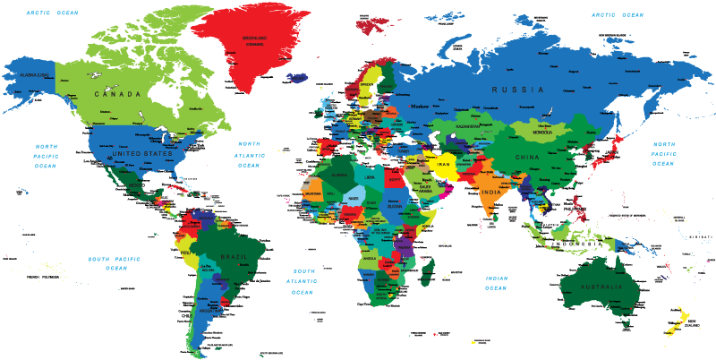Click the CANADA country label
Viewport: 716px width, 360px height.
[x=124, y=94]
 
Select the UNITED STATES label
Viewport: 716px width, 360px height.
[x=142, y=153]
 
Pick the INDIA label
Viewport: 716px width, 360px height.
[x=491, y=193]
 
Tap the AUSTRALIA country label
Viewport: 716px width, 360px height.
[x=601, y=287]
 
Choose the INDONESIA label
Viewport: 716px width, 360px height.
[x=575, y=243]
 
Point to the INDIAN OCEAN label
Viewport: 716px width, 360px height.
[x=497, y=283]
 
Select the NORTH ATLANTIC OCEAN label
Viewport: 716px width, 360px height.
[x=249, y=154]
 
